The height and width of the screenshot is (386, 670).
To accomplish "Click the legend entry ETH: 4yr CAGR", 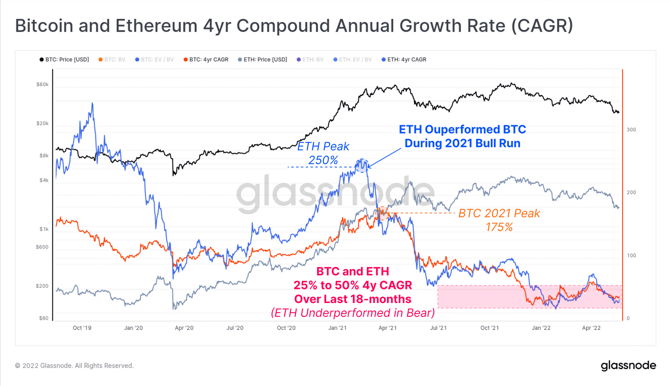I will click(x=404, y=59).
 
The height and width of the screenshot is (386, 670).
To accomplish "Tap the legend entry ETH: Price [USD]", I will click(x=263, y=59).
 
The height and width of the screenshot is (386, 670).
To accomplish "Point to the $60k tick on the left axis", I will click(x=42, y=84).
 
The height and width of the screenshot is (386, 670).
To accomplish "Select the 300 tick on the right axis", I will click(x=631, y=130).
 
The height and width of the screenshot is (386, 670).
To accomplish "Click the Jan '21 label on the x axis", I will click(x=337, y=328).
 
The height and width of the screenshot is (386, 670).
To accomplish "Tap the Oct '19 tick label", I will click(x=82, y=328).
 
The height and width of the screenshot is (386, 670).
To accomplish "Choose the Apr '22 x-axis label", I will click(x=591, y=328).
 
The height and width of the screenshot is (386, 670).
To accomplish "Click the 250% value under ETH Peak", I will click(x=323, y=160).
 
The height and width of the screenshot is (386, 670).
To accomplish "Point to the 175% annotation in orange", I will click(x=499, y=227).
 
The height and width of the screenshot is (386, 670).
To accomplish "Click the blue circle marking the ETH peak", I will click(x=361, y=166).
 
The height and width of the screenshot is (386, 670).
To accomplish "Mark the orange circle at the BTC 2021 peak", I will click(x=382, y=213).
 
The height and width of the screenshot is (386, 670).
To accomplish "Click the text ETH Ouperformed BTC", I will click(x=462, y=129).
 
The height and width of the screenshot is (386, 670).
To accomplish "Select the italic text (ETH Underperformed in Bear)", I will click(x=353, y=313).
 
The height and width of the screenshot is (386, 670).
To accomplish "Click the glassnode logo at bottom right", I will click(x=628, y=365).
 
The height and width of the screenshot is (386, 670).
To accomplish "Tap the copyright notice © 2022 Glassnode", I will click(x=74, y=365).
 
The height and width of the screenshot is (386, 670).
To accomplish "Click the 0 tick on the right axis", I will click(x=628, y=318).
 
